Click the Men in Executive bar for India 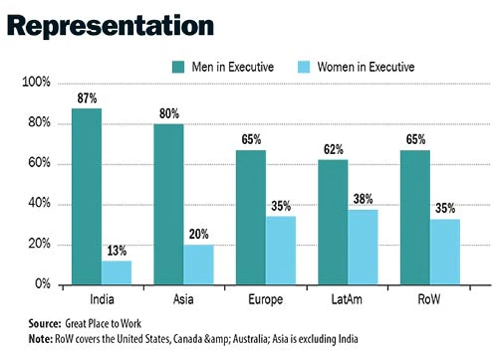(x=86, y=196)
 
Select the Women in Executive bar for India (x=116, y=273)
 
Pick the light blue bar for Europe (x=281, y=251)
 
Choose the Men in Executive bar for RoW (x=415, y=218)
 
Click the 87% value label (x=86, y=99)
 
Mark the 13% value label (x=116, y=251)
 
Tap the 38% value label (x=362, y=200)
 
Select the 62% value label (x=333, y=150)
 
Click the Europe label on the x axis (x=265, y=300)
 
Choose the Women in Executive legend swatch (x=303, y=67)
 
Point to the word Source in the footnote (x=44, y=323)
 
